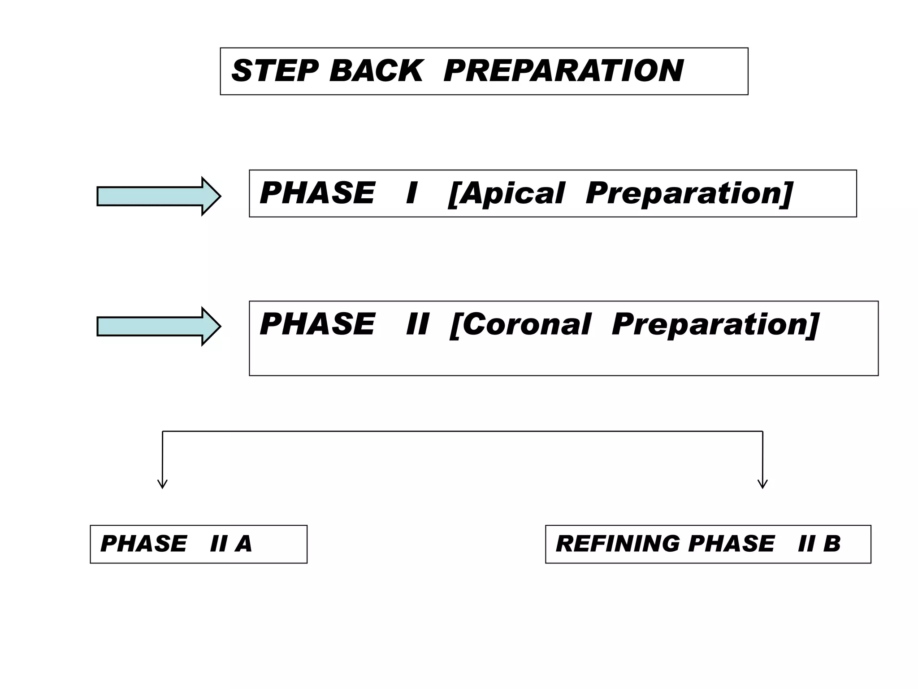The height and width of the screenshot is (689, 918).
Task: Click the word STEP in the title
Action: click(x=274, y=71)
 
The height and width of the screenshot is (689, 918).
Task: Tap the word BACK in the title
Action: click(x=376, y=71)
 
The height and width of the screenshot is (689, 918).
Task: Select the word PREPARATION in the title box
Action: click(x=563, y=71)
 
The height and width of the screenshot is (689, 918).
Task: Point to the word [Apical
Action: click(x=506, y=193)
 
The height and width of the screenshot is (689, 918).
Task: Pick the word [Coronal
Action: click(x=520, y=324)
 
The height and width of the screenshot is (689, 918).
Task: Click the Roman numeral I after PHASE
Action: click(x=411, y=193)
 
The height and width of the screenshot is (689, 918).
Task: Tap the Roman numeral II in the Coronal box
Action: click(x=417, y=324)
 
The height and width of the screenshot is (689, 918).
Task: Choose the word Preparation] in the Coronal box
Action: click(x=715, y=324)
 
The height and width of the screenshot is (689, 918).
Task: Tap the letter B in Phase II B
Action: click(x=831, y=544)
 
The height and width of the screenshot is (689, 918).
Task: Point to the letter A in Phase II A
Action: click(x=243, y=544)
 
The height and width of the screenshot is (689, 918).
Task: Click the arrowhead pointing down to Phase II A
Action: click(x=162, y=484)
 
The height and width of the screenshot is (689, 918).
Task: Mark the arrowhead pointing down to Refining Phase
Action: click(x=762, y=484)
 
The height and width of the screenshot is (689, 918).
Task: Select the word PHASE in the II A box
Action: click(x=143, y=544)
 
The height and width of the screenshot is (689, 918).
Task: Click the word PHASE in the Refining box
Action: click(x=731, y=544)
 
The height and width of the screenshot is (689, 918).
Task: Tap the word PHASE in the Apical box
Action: click(x=317, y=193)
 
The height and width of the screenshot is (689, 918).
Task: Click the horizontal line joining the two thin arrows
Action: click(x=462, y=432)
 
